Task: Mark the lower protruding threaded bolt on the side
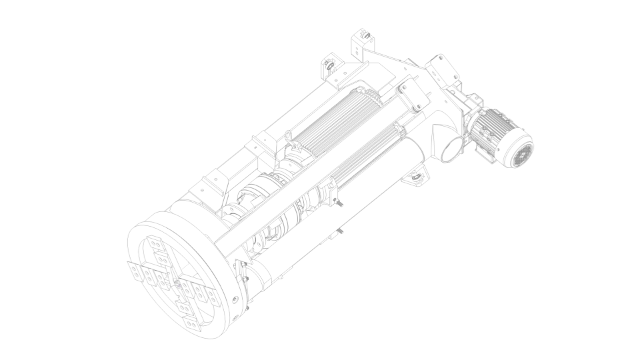[x=340, y=231]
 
